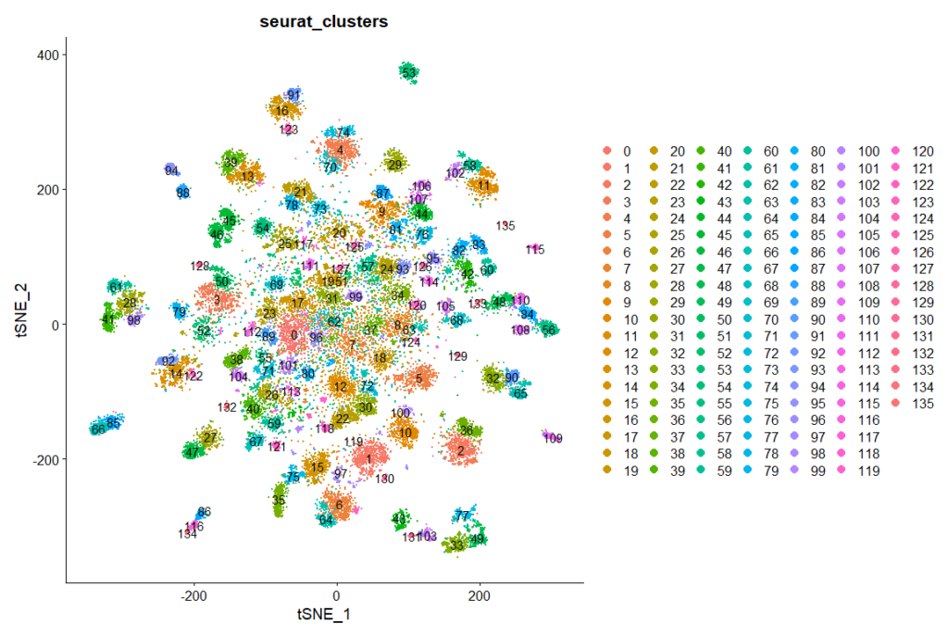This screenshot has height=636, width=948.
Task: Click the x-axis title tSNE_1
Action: point(323,614)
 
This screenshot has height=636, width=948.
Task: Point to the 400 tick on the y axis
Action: point(48,55)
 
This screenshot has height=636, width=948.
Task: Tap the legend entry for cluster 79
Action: point(818,470)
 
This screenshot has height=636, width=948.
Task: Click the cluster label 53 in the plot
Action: point(408,72)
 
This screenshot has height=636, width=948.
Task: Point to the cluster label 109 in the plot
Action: point(554,439)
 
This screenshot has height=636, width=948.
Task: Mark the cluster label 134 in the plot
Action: point(188,534)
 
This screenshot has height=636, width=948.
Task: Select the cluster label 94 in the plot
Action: point(171,171)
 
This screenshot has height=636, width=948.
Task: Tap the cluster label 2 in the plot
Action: point(460,451)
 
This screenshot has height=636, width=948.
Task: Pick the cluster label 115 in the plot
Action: point(534,250)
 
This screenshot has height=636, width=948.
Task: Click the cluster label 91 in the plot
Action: point(293,95)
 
